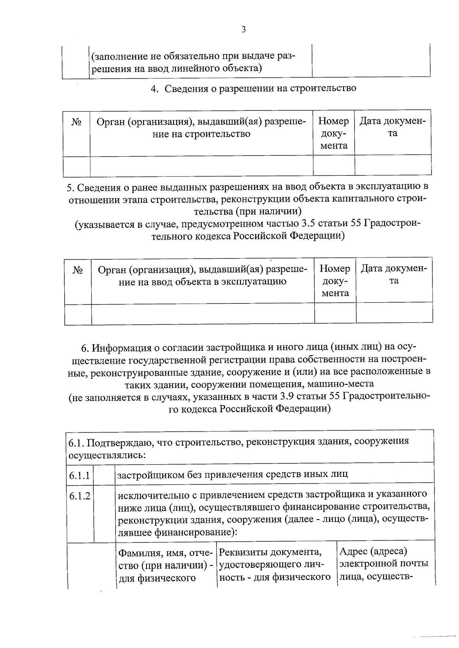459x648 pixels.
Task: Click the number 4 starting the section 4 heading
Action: (x=154, y=89)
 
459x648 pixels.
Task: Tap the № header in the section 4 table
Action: (x=76, y=122)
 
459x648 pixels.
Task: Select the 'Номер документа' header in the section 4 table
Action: (x=334, y=133)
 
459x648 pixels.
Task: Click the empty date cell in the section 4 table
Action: (x=393, y=165)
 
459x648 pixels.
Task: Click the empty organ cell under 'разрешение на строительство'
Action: (x=201, y=165)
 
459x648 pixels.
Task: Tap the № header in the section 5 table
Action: (x=78, y=270)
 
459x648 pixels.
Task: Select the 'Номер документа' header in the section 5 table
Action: (x=335, y=281)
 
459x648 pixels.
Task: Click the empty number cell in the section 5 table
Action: (x=335, y=314)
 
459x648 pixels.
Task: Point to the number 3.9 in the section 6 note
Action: (x=288, y=397)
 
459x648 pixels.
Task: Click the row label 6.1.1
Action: (x=80, y=476)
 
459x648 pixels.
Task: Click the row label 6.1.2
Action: (x=80, y=496)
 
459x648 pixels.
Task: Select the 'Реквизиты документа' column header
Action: (x=275, y=565)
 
